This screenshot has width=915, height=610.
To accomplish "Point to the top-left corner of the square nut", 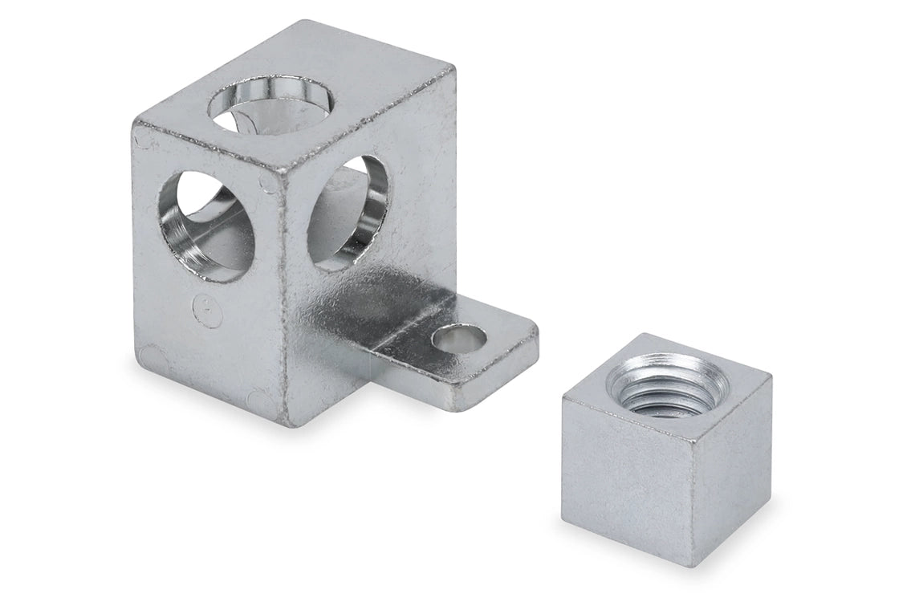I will coord(563,398).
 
